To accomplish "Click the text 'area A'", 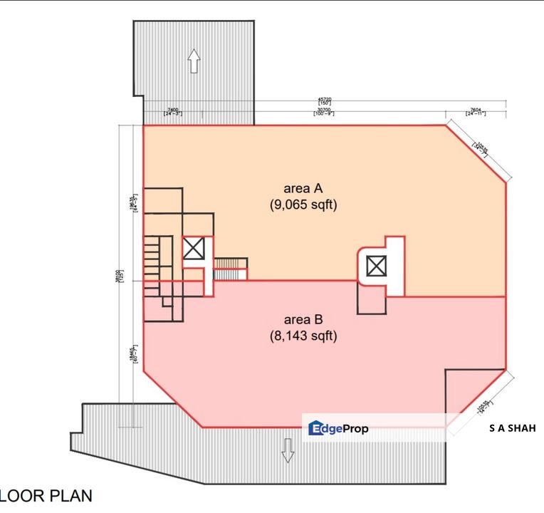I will tap(303, 189).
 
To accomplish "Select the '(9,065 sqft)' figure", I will tap(303, 205).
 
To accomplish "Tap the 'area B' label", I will tap(303, 319).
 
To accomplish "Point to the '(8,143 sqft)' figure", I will tap(303, 336).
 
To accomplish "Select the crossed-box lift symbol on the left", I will tap(194, 249).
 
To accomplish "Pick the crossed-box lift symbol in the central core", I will tap(375, 266).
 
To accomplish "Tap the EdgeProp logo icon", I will tap(316, 428).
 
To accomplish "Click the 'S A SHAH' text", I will tap(513, 428).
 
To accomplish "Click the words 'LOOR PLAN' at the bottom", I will tap(46, 495).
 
